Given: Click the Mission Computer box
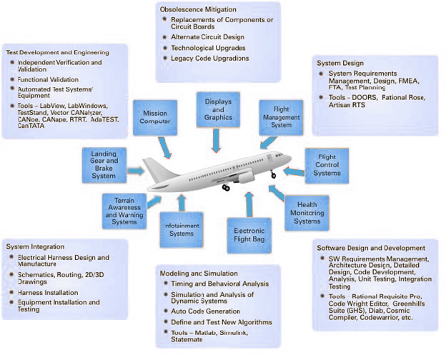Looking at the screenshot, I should [x=155, y=117].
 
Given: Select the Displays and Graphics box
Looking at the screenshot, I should [x=219, y=109].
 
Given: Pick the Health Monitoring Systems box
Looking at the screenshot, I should [x=307, y=212].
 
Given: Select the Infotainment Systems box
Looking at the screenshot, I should [x=180, y=229].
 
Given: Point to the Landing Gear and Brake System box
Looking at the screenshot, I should [x=104, y=165].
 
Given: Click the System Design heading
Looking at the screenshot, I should [x=340, y=63].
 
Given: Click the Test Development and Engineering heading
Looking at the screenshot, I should [x=58, y=52].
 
